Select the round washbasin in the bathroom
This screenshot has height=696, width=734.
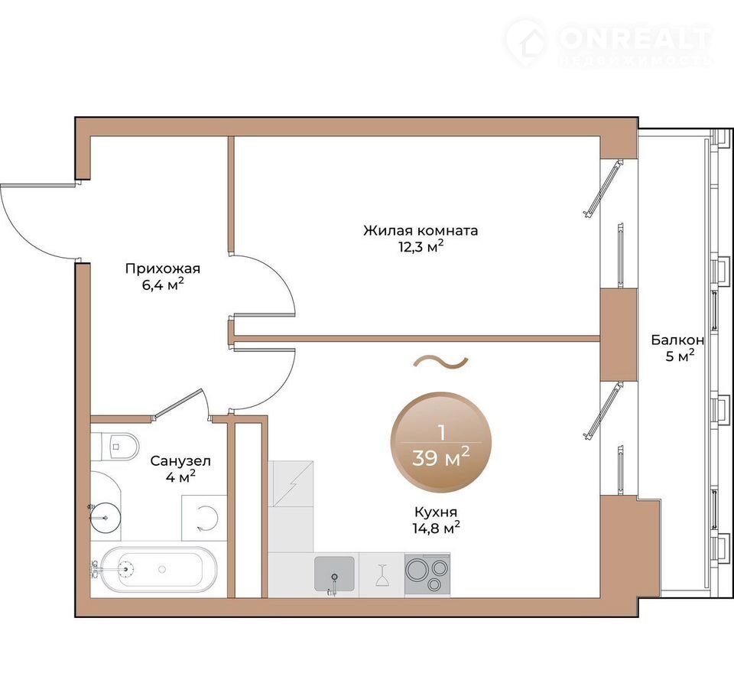(x=105, y=518)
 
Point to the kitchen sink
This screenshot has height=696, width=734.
(x=334, y=574)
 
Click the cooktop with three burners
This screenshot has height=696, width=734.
(x=427, y=574)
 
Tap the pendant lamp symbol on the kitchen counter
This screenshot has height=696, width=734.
(x=382, y=575)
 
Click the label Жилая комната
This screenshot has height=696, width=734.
(x=421, y=230)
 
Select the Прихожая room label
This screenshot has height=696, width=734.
(x=162, y=268)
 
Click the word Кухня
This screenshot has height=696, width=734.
(x=435, y=512)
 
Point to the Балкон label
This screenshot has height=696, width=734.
(x=677, y=340)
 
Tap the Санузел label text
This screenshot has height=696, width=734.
(x=180, y=461)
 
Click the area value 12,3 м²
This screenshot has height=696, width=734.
(x=421, y=246)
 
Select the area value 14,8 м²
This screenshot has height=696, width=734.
(x=435, y=528)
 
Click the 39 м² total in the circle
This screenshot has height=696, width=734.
(x=440, y=457)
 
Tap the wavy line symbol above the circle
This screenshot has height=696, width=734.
(x=441, y=361)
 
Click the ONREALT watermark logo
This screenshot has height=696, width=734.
(x=609, y=42)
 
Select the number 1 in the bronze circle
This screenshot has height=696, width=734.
(x=441, y=432)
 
